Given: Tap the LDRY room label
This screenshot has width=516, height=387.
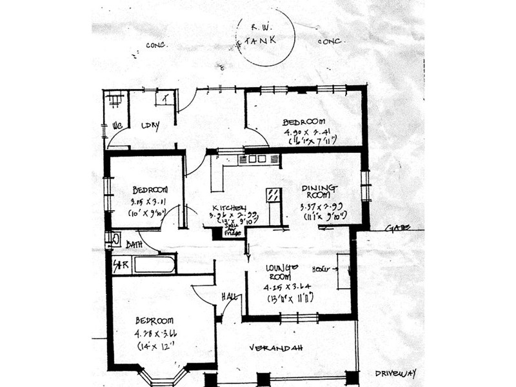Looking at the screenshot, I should [x=150, y=125].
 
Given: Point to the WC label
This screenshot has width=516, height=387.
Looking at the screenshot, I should [x=117, y=125].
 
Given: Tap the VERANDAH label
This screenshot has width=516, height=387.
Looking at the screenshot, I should [x=276, y=348].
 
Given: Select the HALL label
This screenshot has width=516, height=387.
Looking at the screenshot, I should [x=229, y=296].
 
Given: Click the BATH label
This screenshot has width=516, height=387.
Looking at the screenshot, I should [x=134, y=244].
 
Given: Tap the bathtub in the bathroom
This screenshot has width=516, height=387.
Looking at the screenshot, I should [x=154, y=264].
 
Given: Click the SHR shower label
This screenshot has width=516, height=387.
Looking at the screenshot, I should [x=120, y=265].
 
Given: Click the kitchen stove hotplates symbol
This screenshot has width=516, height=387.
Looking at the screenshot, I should [x=257, y=159].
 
